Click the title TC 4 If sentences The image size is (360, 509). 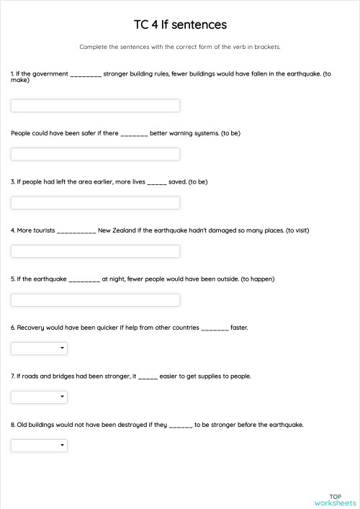point(180,25)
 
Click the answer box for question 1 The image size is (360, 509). point(95,106)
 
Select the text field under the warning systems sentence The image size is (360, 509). point(95,154)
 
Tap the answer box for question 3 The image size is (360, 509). point(95,203)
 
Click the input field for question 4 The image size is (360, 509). point(95,251)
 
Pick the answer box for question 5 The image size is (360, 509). point(95,299)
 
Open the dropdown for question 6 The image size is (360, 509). point(39,348)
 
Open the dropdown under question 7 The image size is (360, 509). point(39,397)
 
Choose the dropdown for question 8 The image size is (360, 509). point(39,446)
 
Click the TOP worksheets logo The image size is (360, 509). point(335,500)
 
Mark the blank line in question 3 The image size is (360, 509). point(157,183)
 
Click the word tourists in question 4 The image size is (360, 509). point(42,230)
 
